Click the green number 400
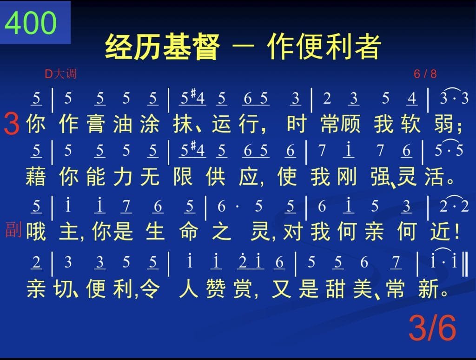pyautogui.click(x=31, y=23)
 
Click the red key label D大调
pyautogui.click(x=60, y=74)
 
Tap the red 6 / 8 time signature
pyautogui.click(x=425, y=74)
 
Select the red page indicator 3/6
pyautogui.click(x=432, y=328)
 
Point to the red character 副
pyautogui.click(x=13, y=230)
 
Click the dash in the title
pyautogui.click(x=243, y=47)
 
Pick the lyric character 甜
pyautogui.click(x=336, y=288)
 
